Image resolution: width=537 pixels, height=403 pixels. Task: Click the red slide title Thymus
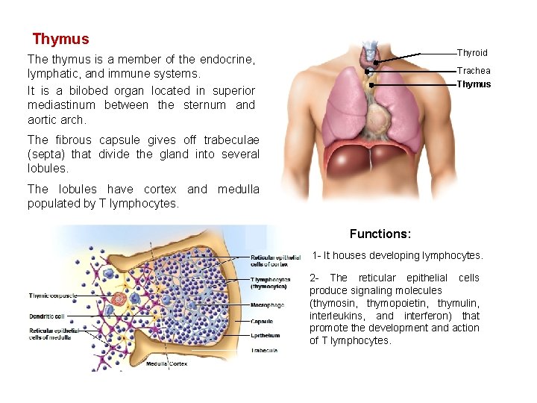click(60, 39)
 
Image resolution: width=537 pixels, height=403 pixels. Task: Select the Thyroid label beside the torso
click(472, 53)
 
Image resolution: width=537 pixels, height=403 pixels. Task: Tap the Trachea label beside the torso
click(474, 71)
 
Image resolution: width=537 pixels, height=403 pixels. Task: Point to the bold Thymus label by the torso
click(474, 84)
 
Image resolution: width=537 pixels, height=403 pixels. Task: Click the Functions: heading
click(380, 234)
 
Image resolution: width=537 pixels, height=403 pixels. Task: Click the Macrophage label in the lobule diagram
click(267, 304)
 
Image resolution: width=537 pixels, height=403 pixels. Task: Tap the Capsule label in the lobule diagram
click(262, 322)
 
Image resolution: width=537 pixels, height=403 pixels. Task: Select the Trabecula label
click(265, 350)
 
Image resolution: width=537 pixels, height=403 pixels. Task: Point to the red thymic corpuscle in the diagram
click(119, 299)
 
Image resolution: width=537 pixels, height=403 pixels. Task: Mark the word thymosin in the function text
click(334, 303)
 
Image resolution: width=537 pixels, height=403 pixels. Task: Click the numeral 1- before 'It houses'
click(316, 255)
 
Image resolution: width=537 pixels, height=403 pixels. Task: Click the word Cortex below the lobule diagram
click(178, 364)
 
